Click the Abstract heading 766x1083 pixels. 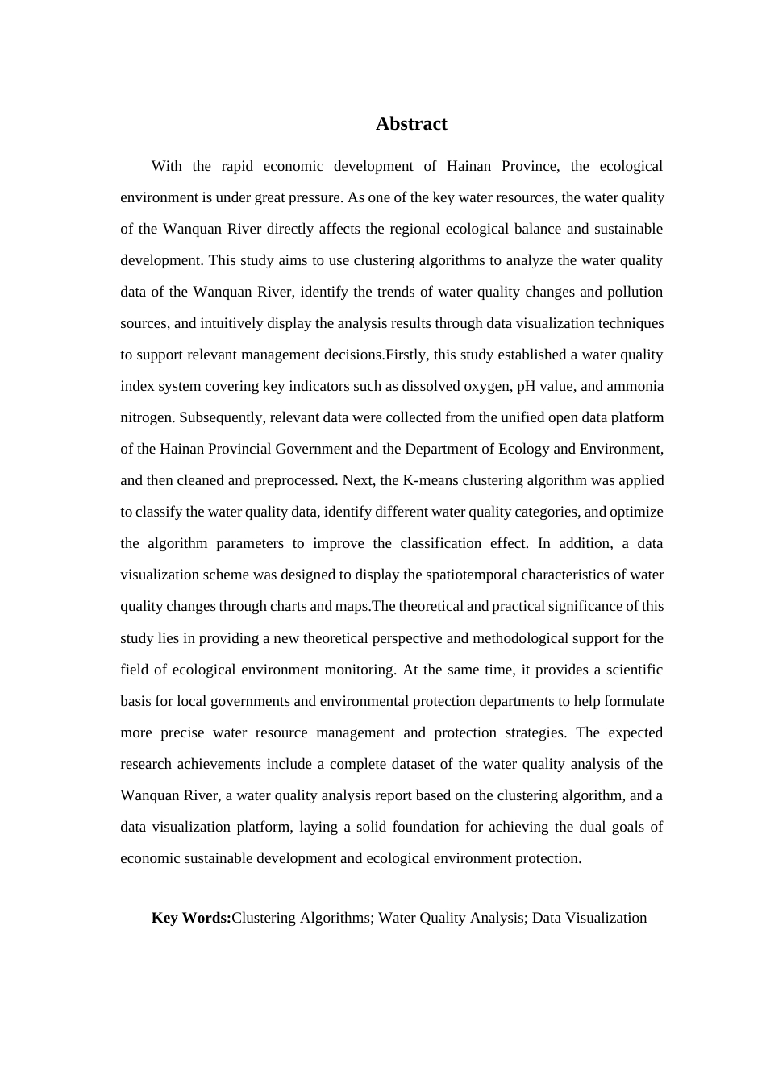[x=411, y=124]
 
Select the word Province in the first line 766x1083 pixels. [x=530, y=166]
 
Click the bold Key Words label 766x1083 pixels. [x=191, y=918]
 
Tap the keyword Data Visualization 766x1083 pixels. [x=589, y=918]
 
